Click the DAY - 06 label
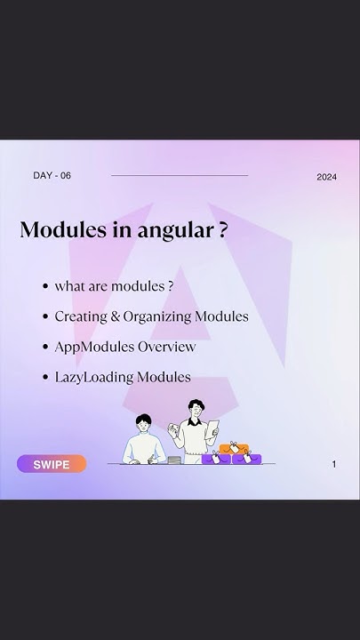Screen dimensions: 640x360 [52, 175]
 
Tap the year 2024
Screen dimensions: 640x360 [326, 177]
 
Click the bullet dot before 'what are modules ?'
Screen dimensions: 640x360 [44, 286]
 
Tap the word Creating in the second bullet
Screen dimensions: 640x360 [80, 316]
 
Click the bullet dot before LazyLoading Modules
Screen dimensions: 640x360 [44, 377]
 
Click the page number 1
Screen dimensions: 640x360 [334, 464]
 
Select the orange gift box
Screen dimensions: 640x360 [236, 449]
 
